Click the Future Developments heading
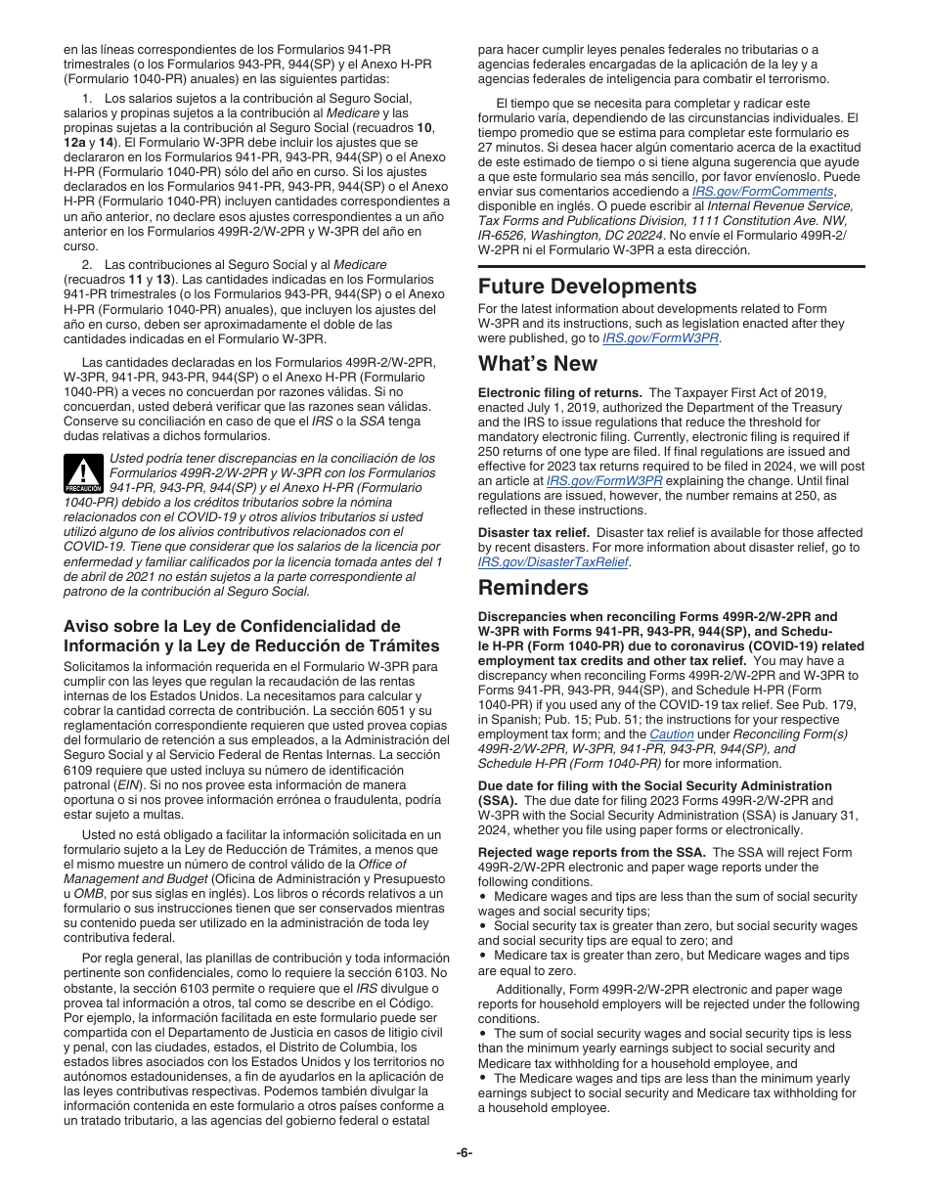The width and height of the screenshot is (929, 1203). pos(587,287)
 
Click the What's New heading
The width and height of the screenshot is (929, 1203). pos(537,363)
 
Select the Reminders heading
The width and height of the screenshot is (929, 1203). pos(533,588)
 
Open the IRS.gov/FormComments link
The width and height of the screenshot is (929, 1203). pos(763,192)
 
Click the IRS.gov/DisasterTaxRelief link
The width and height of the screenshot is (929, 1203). pos(553,562)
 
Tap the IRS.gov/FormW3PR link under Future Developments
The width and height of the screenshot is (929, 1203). pos(660,337)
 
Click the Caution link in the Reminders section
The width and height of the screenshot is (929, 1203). pos(672,734)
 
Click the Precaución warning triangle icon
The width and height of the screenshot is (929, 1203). pos(83,473)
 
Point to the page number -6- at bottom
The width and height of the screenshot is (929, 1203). pos(464,1152)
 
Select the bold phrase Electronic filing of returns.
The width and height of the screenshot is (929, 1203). pos(559,392)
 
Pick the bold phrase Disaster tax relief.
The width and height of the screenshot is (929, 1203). pos(533,533)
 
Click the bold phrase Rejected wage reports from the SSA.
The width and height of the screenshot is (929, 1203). pos(592,852)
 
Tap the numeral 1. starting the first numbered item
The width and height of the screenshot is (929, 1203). pos(87,99)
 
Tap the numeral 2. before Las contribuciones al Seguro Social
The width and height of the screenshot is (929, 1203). pos(87,265)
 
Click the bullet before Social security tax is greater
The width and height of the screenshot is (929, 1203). pos(482,925)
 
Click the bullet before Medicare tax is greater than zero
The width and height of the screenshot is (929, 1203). pos(482,955)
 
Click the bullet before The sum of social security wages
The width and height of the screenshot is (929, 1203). pos(482,1034)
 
